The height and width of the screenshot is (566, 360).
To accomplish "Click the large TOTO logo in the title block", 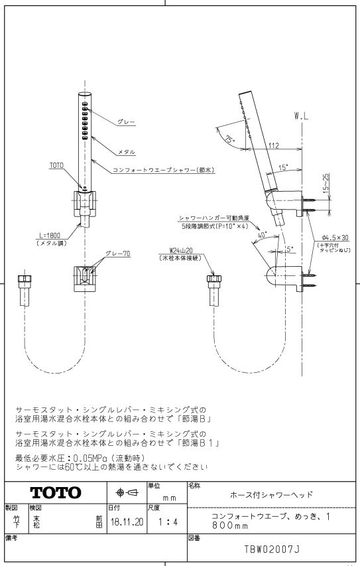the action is click(x=56, y=493).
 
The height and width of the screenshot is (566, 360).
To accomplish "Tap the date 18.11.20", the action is click(x=127, y=522).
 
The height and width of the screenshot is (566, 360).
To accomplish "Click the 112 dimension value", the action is click(x=274, y=145).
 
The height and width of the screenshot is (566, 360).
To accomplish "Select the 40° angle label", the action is click(x=262, y=236).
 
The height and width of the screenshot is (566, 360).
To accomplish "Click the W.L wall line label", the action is click(x=301, y=116).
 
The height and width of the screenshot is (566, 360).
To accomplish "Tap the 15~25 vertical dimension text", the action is click(x=326, y=182).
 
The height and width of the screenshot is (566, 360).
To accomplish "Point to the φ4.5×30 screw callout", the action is click(x=335, y=238).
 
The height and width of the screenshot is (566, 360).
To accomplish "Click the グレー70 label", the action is click(x=117, y=253).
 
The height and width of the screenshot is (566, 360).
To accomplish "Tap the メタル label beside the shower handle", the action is click(x=127, y=153).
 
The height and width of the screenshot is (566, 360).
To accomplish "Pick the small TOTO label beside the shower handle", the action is click(x=56, y=165).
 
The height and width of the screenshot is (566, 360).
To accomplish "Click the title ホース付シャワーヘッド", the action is click(x=271, y=494).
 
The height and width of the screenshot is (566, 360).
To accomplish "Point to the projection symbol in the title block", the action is click(x=127, y=492).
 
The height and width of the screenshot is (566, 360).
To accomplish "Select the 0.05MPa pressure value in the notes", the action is click(x=91, y=458).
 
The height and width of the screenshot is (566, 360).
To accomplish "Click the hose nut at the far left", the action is click(x=25, y=279).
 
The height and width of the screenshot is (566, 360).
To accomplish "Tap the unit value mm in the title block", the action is click(x=170, y=498).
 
